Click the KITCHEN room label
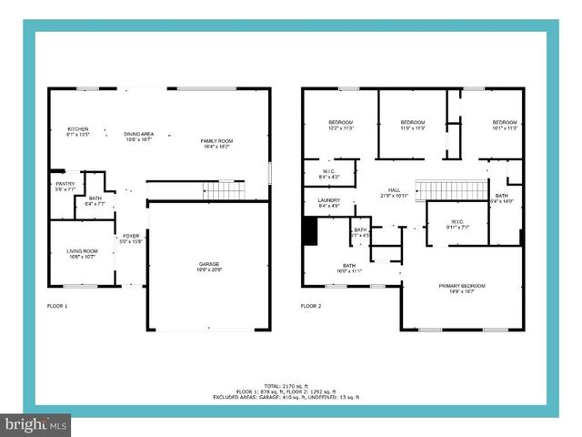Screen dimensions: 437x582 (x=78, y=131)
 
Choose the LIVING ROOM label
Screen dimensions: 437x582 (x=82, y=254)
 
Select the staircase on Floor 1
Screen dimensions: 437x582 (x=224, y=190)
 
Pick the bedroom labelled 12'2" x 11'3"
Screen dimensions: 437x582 (x=340, y=125)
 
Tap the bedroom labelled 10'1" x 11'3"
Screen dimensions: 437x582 (x=505, y=125)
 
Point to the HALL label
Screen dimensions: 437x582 (x=394, y=192)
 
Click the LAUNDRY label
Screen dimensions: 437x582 (x=328, y=203)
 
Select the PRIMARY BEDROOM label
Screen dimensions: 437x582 (x=462, y=289)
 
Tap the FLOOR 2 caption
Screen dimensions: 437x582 (x=311, y=306)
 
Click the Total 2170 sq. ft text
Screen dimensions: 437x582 (x=286, y=386)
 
